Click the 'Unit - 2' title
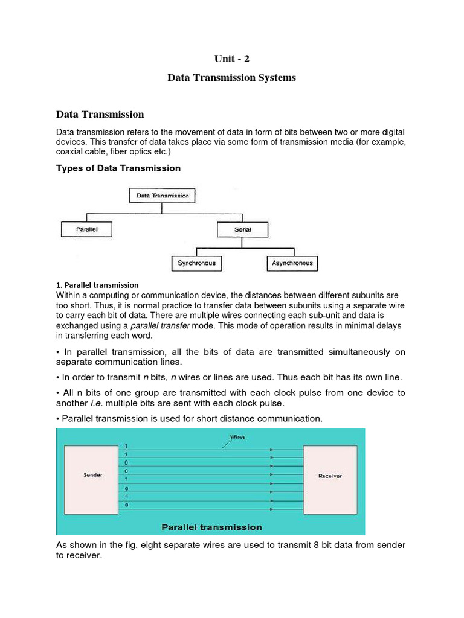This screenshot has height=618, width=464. [x=231, y=59]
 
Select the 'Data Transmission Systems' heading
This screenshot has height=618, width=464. [x=231, y=78]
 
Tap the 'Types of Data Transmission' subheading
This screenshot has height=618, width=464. [x=118, y=168]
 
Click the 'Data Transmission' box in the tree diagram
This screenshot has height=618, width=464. [x=163, y=196]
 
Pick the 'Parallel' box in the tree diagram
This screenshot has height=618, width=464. [x=87, y=229]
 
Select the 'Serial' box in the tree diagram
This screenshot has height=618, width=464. [x=242, y=229]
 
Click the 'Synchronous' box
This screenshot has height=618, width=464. [x=196, y=263]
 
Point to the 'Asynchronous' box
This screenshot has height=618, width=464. [x=292, y=263]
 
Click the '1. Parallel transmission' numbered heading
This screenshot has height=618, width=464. [x=97, y=285]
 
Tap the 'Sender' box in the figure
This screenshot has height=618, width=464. [x=92, y=475]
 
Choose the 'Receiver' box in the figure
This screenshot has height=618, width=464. [x=330, y=476]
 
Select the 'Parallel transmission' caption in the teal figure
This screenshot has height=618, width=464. [x=211, y=527]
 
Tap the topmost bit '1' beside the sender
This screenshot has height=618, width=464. [x=127, y=447]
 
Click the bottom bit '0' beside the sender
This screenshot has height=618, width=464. [x=127, y=504]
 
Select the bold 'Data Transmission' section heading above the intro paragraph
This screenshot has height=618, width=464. [x=100, y=114]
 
